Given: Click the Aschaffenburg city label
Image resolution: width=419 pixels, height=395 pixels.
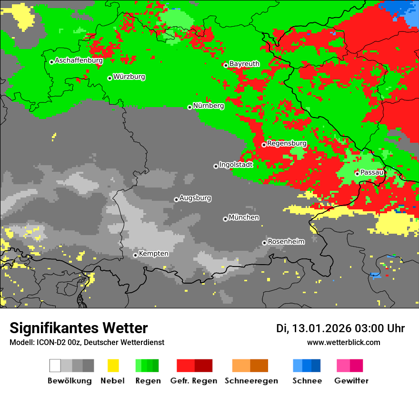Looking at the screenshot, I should click(79, 61).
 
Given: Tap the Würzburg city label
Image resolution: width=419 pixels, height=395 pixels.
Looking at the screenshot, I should click(129, 77).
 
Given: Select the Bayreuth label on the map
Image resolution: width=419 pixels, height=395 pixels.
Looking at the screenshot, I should click(244, 64).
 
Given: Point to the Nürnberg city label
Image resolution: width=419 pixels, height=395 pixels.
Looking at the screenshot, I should click(209, 106).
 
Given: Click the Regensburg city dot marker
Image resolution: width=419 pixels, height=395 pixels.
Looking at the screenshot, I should click(264, 145).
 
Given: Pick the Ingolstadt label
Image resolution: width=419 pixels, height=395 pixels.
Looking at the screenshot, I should click(236, 165).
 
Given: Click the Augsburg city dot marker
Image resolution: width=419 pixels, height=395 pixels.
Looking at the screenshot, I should click(176, 199).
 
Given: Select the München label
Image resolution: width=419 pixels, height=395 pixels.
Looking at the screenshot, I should click(244, 217).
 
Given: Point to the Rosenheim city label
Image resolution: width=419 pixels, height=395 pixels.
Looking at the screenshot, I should click(286, 242).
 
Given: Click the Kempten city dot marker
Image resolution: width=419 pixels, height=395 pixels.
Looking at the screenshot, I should click(135, 255).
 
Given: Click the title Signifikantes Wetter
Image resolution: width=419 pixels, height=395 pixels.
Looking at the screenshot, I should click(79, 328).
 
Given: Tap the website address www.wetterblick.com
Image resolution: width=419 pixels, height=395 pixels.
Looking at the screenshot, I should click(343, 343).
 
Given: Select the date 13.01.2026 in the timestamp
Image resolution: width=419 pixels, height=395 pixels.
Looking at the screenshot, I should click(321, 328).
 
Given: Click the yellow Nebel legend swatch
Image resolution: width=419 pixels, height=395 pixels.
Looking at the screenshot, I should click(113, 365).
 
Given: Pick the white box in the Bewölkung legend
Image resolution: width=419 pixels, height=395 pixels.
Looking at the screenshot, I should click(55, 365).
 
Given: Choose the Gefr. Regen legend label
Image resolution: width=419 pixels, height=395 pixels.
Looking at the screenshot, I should click(194, 381).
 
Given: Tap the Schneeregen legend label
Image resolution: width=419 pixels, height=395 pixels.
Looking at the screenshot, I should click(251, 381).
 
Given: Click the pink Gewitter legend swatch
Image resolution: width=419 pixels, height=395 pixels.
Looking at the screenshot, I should click(343, 365).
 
